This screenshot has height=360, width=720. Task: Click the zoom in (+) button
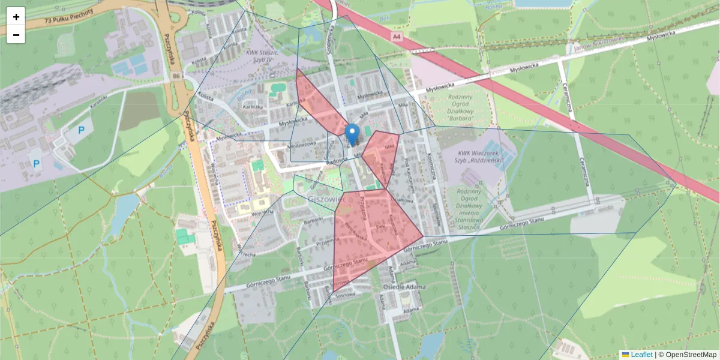(x=16, y=17)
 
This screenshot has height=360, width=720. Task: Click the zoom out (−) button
(x=16, y=35)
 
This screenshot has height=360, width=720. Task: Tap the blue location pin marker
(x=353, y=134)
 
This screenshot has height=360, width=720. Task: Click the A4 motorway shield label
(x=397, y=37)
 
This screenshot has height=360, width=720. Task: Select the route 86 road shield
(x=175, y=76)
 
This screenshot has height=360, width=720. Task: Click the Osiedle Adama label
(x=404, y=287)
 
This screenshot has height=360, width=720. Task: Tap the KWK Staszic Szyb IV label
(x=263, y=56)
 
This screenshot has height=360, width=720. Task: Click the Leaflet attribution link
(x=641, y=355)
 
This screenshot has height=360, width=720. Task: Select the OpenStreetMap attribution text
(x=687, y=355)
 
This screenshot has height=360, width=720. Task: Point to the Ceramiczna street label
(x=583, y=174)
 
